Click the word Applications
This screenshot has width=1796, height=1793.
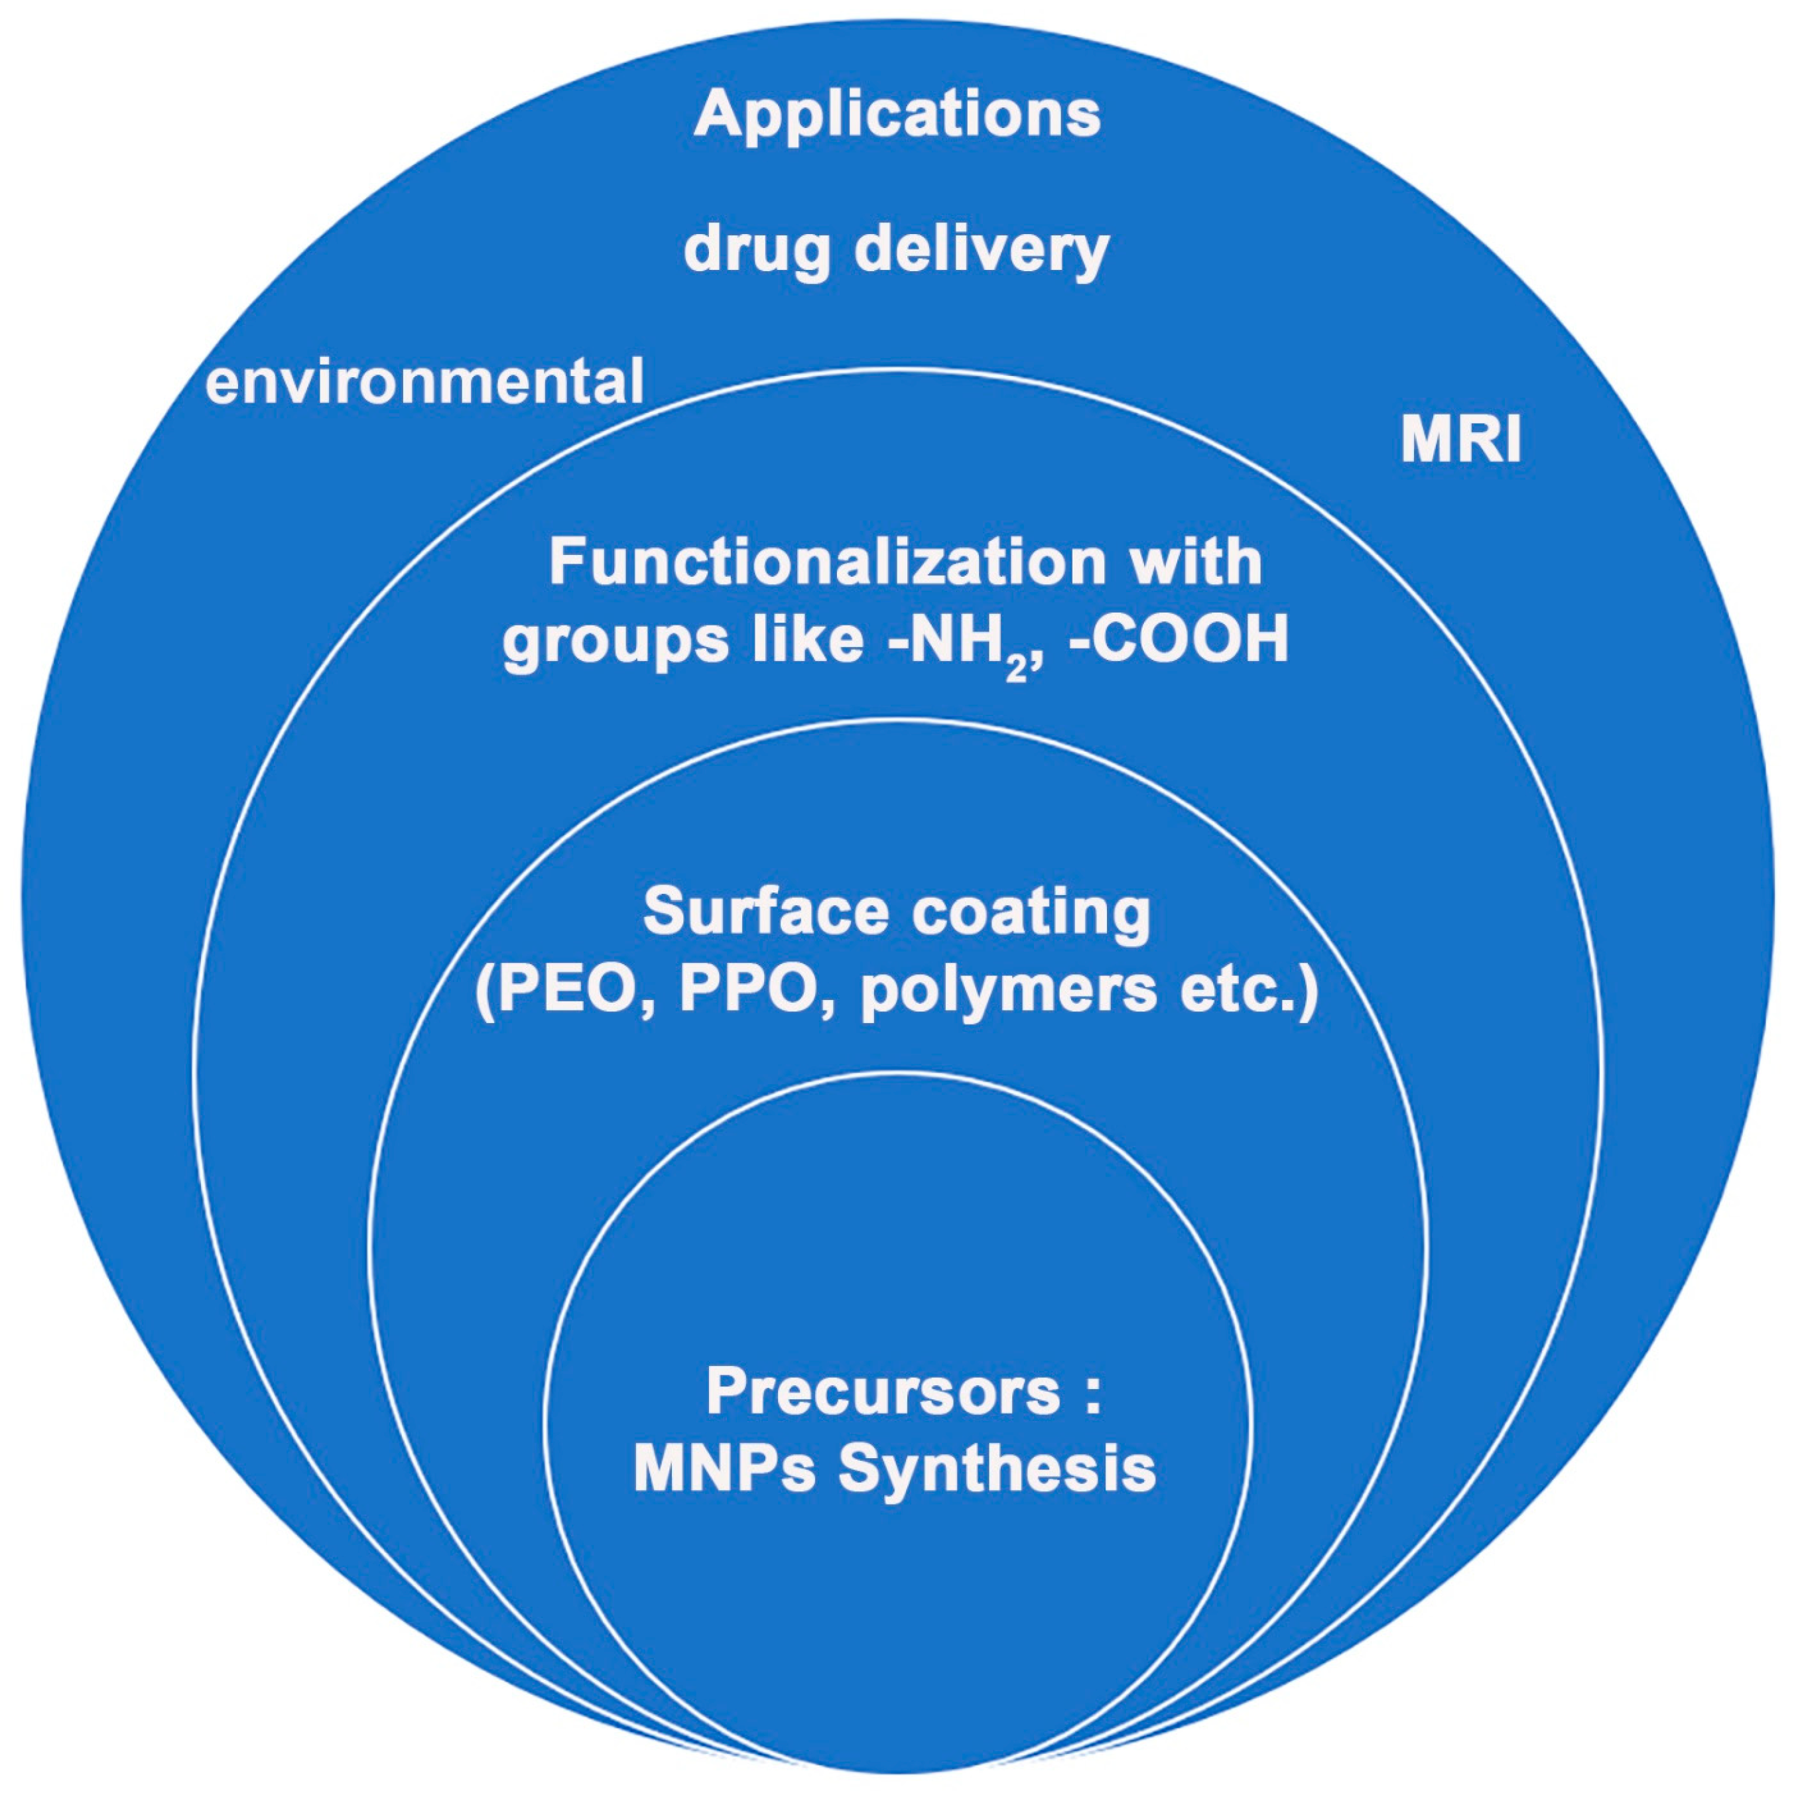pos(897,114)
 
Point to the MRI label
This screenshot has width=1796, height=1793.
pos(1460,440)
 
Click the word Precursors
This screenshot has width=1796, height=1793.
pos(883,1391)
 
